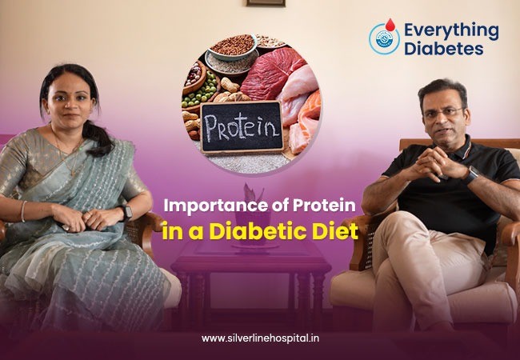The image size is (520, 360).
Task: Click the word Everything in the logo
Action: [451, 30]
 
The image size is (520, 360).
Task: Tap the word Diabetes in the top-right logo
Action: [443, 48]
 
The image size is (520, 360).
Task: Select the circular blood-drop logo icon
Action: [384, 38]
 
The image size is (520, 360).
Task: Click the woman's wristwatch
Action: [126, 212]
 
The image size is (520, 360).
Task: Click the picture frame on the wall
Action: [266, 3]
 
